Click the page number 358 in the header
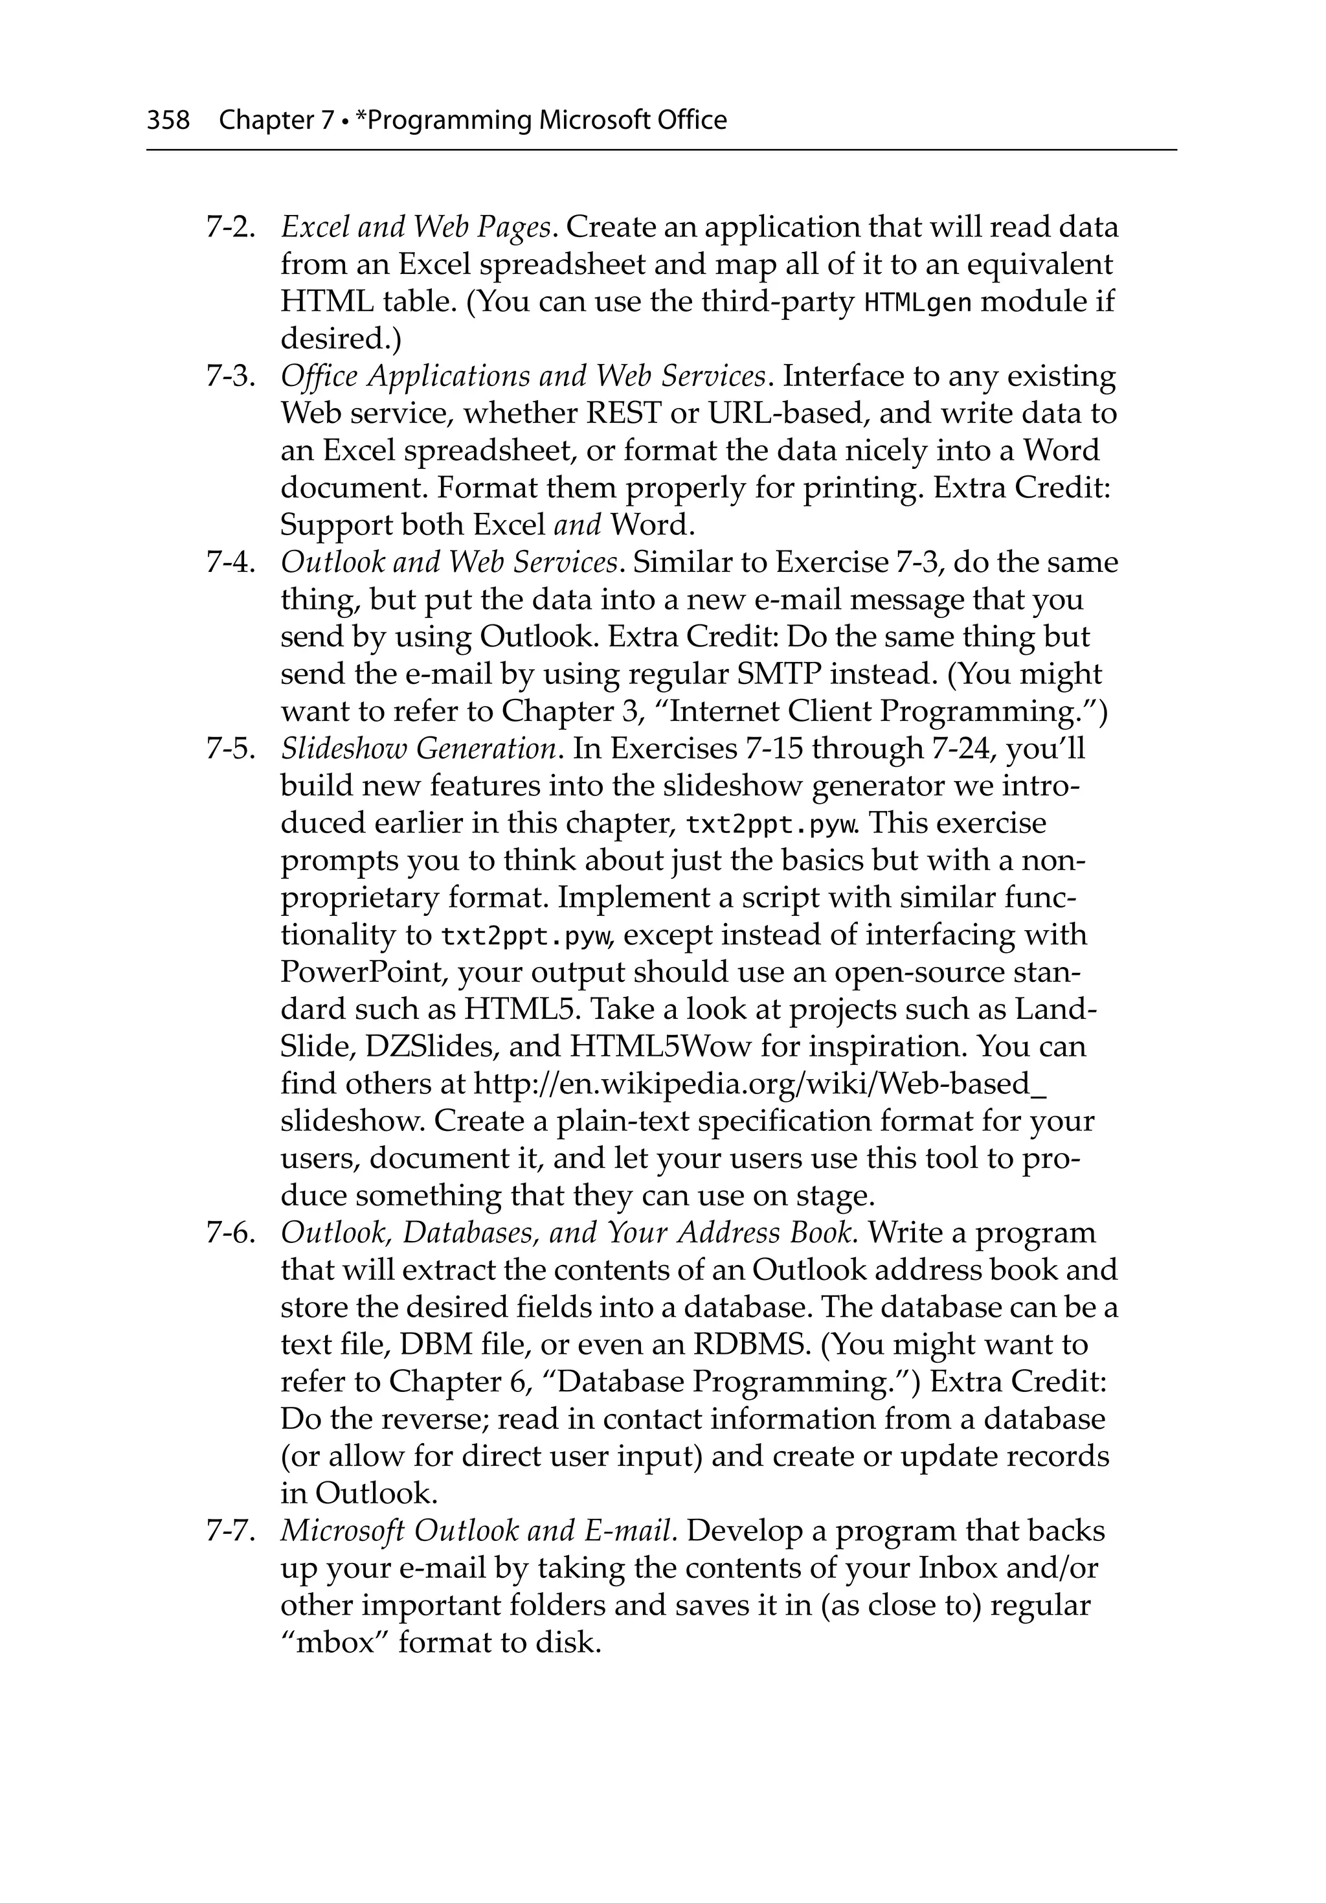[168, 121]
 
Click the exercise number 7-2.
[230, 227]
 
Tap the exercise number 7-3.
[230, 377]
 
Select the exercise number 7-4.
[230, 564]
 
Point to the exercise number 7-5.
[230, 749]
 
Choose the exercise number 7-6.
[230, 1233]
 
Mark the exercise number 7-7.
[230, 1532]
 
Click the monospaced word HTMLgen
[917, 303]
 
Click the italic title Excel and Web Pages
[416, 227]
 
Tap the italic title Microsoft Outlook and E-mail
[478, 1532]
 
